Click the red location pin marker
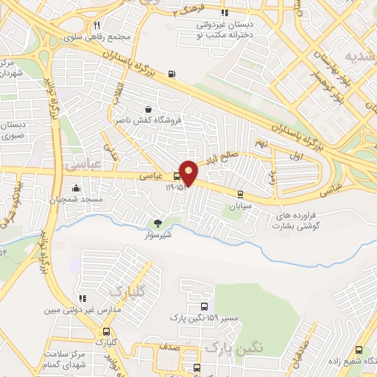189,172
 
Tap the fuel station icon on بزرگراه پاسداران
172,73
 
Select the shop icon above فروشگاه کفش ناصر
150,108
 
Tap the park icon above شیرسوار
158,223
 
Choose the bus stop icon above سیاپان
240,194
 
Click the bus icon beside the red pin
176,176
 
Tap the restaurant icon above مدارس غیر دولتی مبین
82,298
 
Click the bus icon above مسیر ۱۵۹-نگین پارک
204,306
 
